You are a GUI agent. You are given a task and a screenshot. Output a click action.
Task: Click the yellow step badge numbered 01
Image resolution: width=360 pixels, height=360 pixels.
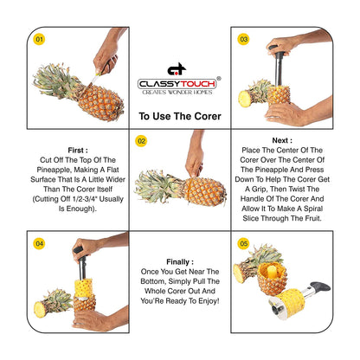39,39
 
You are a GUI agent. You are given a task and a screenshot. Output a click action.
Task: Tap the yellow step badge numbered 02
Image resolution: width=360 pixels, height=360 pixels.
141,141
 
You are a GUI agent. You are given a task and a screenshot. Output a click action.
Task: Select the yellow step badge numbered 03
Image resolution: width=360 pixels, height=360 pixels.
244,39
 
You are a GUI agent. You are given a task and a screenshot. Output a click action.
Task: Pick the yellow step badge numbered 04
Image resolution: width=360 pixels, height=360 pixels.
39,244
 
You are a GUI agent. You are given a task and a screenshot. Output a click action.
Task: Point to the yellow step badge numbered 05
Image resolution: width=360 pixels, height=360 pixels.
244,244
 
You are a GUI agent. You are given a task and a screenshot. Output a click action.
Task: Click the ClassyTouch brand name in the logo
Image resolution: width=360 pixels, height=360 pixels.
177,84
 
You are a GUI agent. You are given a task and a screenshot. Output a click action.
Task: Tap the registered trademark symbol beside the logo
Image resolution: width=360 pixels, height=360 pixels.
219,79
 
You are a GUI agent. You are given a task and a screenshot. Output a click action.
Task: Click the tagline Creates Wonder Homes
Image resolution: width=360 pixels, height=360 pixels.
177,93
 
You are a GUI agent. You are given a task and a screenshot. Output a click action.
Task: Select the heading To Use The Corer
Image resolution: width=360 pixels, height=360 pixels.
180,116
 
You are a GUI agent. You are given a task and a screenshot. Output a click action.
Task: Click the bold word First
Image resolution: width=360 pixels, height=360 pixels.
78,151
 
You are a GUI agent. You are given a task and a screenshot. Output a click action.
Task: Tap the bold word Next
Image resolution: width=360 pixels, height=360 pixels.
282,140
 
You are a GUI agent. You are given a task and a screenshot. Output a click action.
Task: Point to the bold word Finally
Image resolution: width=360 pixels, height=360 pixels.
180,262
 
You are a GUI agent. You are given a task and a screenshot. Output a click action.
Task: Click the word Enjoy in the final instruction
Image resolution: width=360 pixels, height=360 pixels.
208,301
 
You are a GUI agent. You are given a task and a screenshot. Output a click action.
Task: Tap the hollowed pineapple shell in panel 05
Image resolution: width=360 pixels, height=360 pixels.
272,279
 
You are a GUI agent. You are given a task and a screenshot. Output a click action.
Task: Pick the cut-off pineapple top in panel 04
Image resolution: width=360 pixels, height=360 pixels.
53,303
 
